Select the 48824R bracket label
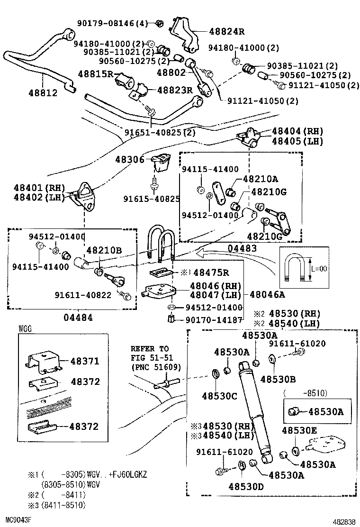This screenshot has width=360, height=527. [227, 32]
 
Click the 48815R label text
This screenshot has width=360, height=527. [96, 74]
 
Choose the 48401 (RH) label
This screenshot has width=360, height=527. [39, 188]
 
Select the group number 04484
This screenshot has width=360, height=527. [78, 317]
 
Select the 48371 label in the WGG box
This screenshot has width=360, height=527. [85, 361]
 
